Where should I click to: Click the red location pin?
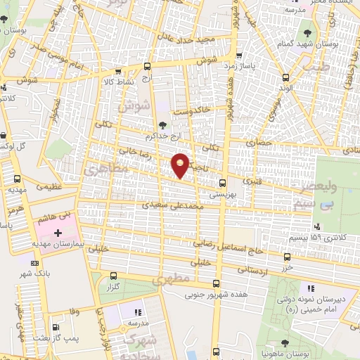[x=181, y=165]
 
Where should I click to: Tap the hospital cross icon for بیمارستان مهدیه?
[x=58, y=232]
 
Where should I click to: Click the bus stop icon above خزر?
[x=286, y=257]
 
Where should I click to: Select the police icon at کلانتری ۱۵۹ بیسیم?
[x=318, y=226]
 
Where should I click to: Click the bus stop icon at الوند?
[x=285, y=78]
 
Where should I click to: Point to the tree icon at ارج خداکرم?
[x=163, y=125]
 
